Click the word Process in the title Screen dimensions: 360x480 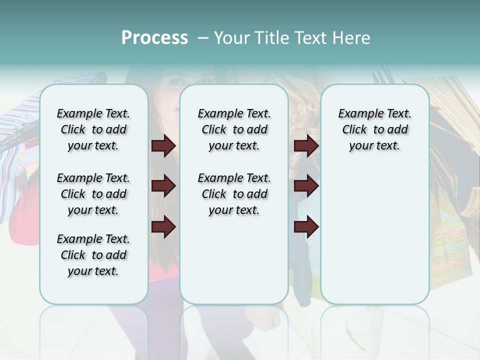coord(154,38)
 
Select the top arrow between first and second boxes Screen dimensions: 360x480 coord(163,146)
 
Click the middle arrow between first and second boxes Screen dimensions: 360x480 coord(163,186)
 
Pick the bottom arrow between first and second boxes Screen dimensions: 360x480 coord(163,227)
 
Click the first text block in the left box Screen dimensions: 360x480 coord(93,129)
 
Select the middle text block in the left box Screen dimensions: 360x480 coord(93,194)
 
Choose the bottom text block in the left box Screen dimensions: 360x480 coord(93,255)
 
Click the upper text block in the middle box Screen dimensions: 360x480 coord(234,129)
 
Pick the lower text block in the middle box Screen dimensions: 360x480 coord(234,194)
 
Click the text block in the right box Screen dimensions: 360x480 coord(374,129)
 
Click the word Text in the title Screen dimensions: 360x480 coord(309,38)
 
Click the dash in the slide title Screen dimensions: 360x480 coord(203,38)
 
